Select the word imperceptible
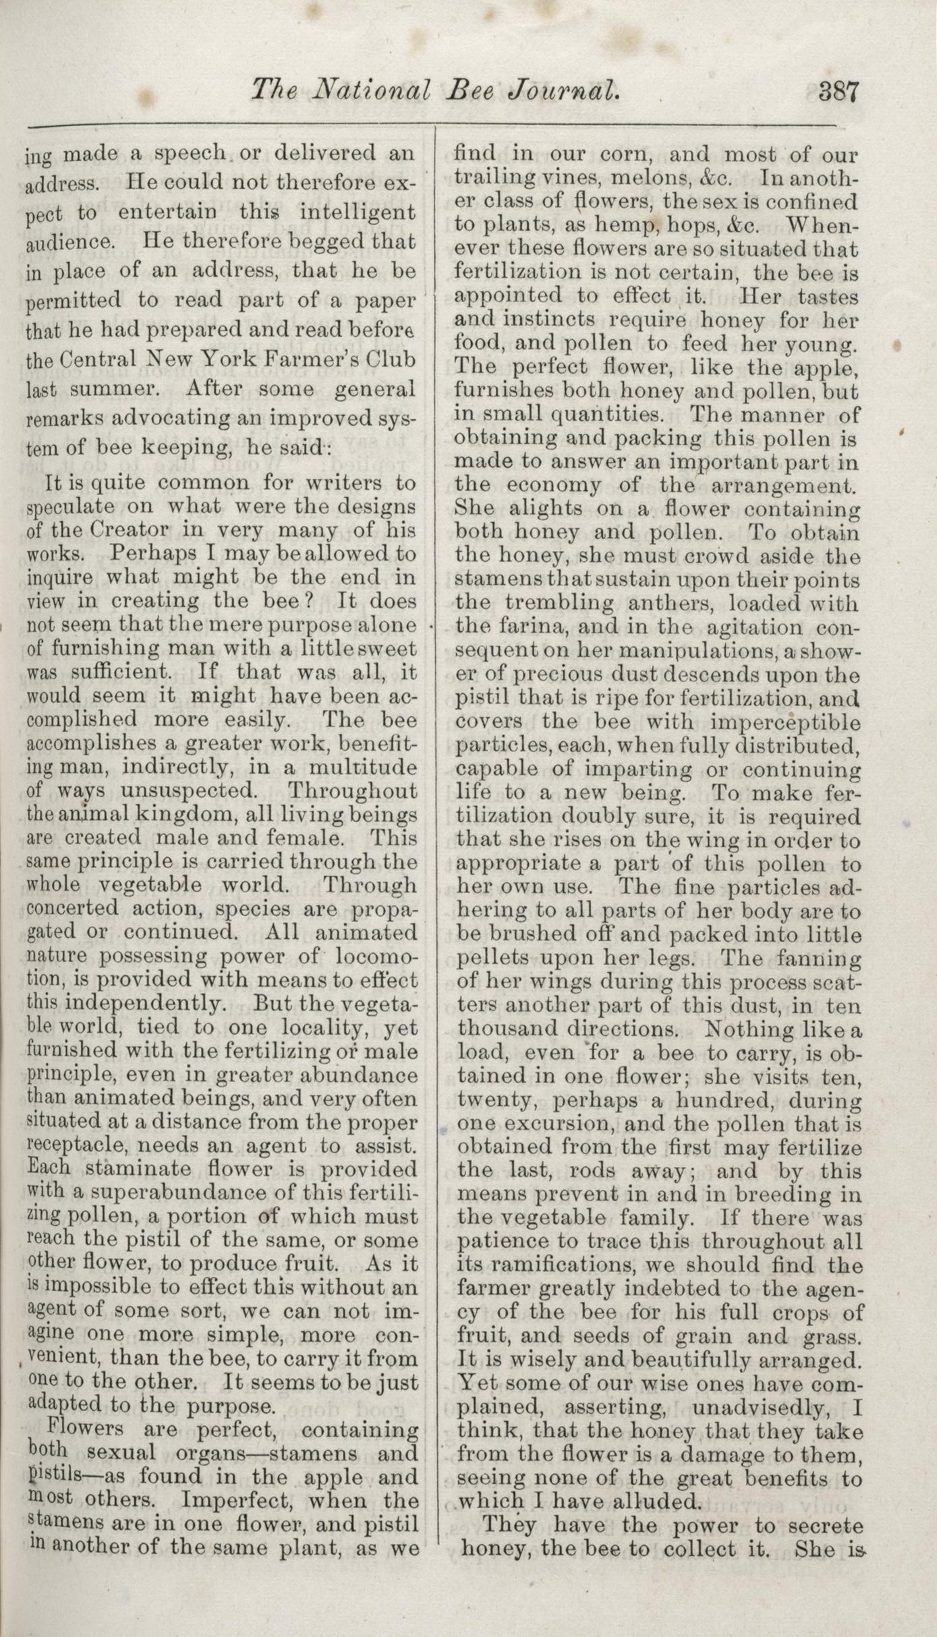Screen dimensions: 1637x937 tap(786, 722)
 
